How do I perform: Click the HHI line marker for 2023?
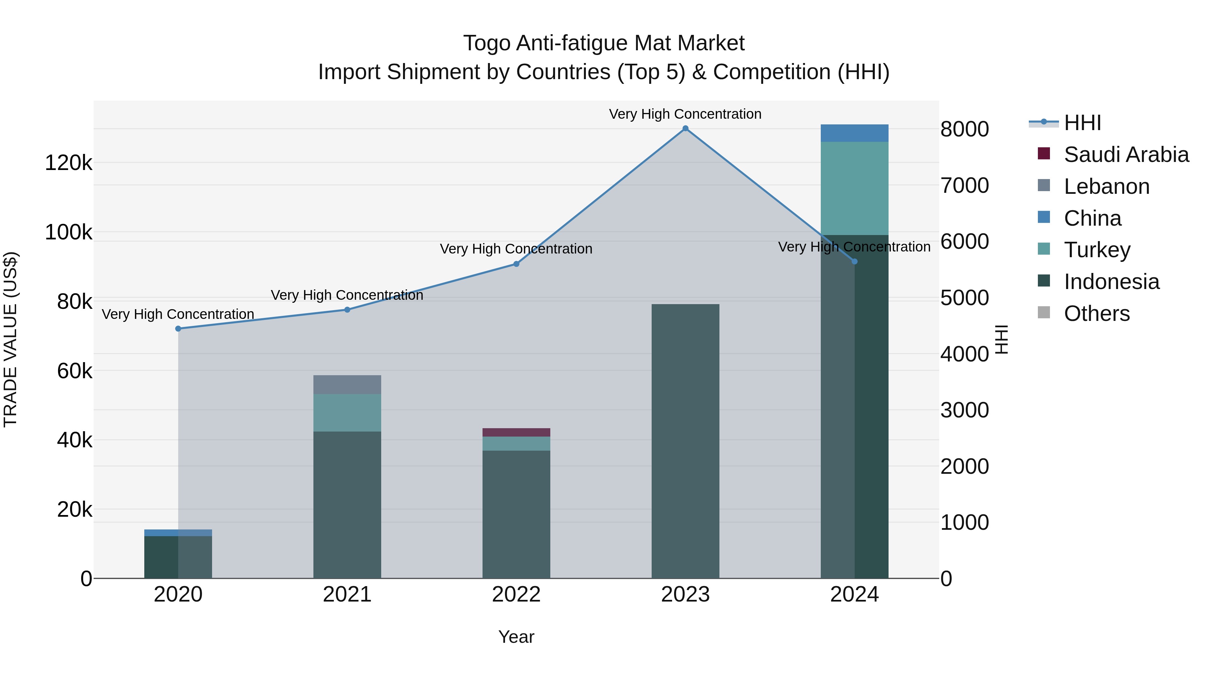pyautogui.click(x=685, y=128)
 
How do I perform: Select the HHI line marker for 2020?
pyautogui.click(x=178, y=329)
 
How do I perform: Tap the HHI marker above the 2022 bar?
pyautogui.click(x=516, y=264)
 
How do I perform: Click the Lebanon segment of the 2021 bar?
pyautogui.click(x=347, y=385)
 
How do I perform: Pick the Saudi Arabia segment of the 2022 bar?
pyautogui.click(x=516, y=433)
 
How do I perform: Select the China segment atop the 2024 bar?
pyautogui.click(x=854, y=133)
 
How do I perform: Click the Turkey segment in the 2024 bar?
pyautogui.click(x=854, y=188)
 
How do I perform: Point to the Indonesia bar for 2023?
pyautogui.click(x=685, y=441)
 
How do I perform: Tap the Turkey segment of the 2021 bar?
pyautogui.click(x=347, y=413)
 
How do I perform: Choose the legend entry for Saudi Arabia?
pyautogui.click(x=1126, y=155)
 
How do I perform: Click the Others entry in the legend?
pyautogui.click(x=1096, y=314)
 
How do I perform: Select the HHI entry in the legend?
pyautogui.click(x=1082, y=123)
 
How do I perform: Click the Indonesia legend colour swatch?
pyautogui.click(x=1044, y=281)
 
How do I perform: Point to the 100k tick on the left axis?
pyautogui.click(x=68, y=232)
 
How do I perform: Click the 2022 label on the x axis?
pyautogui.click(x=516, y=595)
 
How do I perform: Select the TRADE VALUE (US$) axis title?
pyautogui.click(x=11, y=340)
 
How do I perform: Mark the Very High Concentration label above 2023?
pyautogui.click(x=685, y=114)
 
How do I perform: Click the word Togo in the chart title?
pyautogui.click(x=486, y=44)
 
